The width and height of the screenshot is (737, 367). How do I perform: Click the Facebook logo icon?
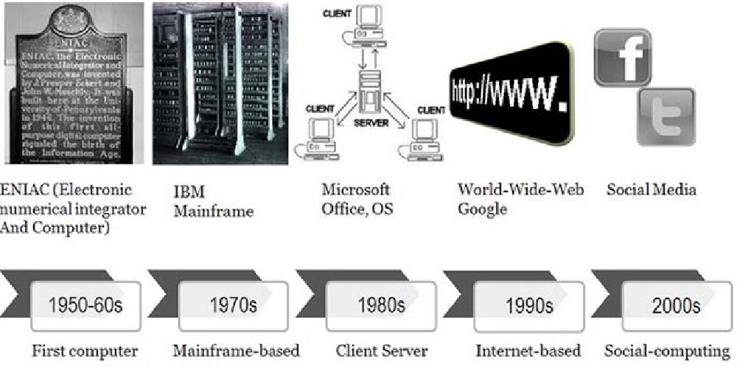pyautogui.click(x=623, y=58)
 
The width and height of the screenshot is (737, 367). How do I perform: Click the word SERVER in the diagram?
pyautogui.click(x=371, y=123)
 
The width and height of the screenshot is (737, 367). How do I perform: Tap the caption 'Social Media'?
pyautogui.click(x=651, y=190)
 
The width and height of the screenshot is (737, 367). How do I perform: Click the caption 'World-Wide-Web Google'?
pyautogui.click(x=520, y=199)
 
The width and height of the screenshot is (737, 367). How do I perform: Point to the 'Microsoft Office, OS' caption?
pyautogui.click(x=357, y=199)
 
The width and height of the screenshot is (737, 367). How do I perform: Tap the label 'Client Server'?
pyautogui.click(x=381, y=351)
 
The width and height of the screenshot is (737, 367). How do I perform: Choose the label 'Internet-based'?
pyautogui.click(x=528, y=351)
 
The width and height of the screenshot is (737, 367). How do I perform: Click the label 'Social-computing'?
pyautogui.click(x=667, y=351)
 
